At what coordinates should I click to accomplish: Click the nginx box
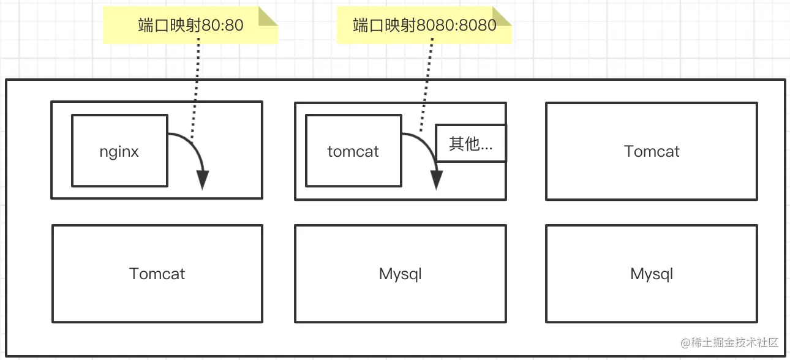pos(119,151)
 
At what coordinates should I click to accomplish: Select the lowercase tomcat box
pos(353,151)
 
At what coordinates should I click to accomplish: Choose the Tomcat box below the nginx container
pos(157,274)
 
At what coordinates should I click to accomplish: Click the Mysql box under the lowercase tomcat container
pos(401,274)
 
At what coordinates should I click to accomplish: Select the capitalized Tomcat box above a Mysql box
pos(652,151)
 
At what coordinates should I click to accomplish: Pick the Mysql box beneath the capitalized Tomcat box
pos(652,274)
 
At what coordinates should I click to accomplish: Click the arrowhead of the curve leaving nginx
pos(203,181)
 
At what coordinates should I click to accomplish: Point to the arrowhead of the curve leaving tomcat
pos(437,181)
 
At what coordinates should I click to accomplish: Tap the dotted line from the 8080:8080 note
pos(427,86)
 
